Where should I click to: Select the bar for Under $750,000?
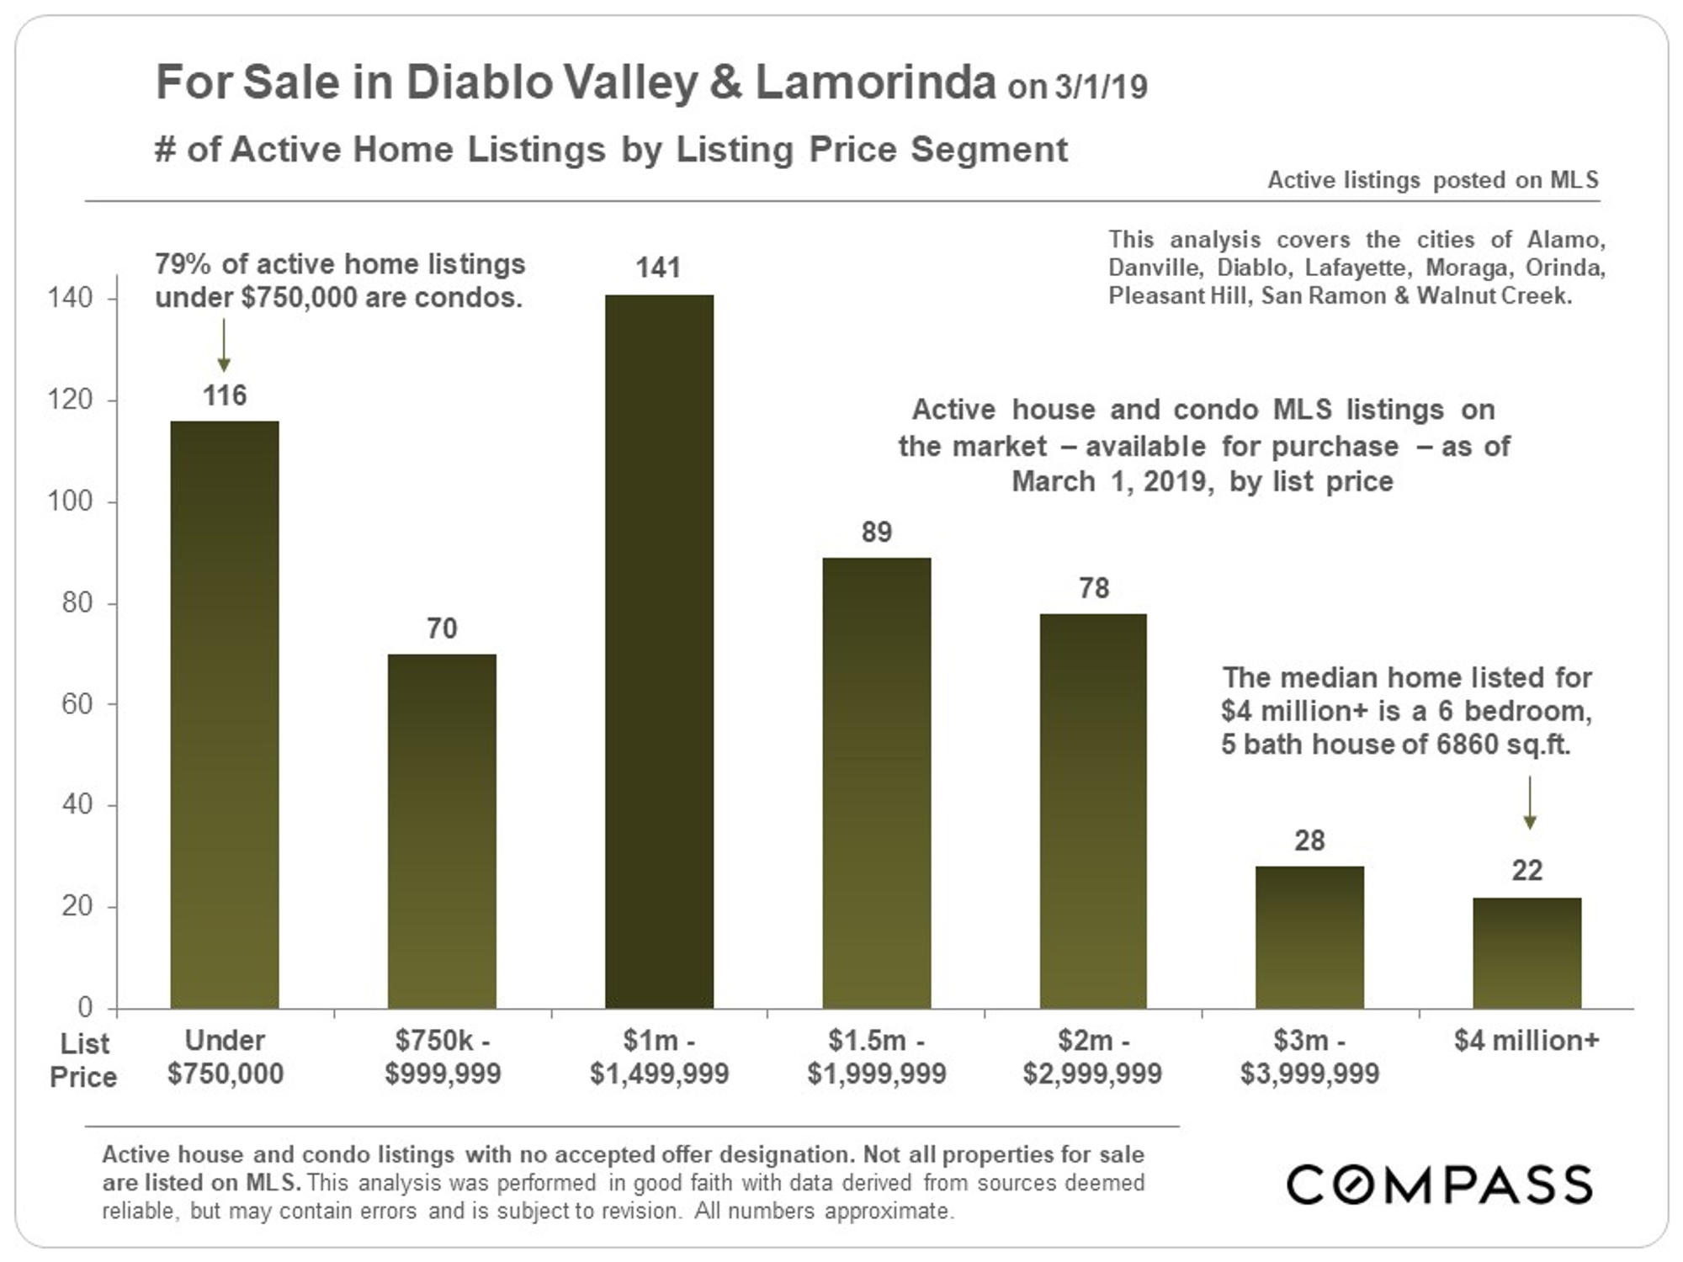tap(225, 715)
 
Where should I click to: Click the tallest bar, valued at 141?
tap(659, 652)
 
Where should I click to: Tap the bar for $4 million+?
tap(1526, 952)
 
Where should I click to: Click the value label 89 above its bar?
tap(876, 532)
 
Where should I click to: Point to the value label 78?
tap(1093, 588)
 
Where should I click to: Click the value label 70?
tap(442, 628)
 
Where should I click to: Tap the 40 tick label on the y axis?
tap(76, 804)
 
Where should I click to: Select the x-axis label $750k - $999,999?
tap(443, 1057)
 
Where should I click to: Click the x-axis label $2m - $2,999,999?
tap(1092, 1057)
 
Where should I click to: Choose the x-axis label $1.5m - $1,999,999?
tap(876, 1057)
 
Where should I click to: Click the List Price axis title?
tap(83, 1060)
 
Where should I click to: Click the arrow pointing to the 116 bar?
tap(224, 345)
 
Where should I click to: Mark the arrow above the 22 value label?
tap(1530, 803)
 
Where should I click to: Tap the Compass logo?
tap(1439, 1185)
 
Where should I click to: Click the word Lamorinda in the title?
tap(875, 82)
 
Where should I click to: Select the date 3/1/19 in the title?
tap(1101, 87)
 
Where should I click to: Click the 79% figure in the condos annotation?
tap(182, 264)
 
